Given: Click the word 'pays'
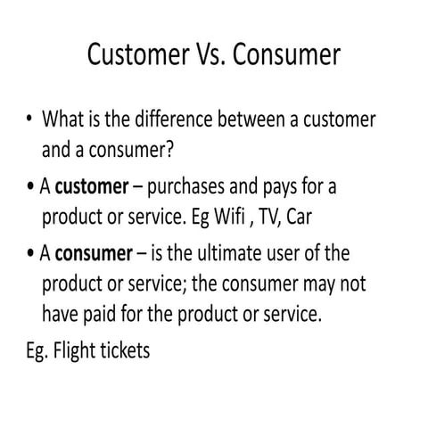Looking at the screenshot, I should pos(276,189).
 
